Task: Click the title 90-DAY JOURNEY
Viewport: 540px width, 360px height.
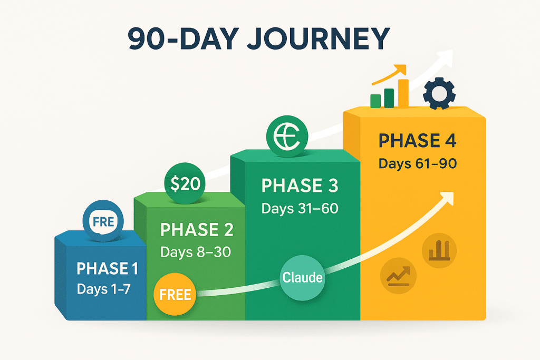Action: [258, 38]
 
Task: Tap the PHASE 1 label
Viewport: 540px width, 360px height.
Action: [108, 268]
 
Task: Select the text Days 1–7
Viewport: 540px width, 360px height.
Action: [104, 289]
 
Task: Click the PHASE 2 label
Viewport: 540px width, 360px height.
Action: [197, 230]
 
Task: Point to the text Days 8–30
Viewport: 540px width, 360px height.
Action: [196, 252]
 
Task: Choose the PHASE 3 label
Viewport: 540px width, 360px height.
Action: [300, 186]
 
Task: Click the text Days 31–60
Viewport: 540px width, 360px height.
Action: [300, 208]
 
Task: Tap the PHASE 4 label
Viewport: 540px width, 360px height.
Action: [418, 141]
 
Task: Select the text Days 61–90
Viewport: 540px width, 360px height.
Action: [418, 163]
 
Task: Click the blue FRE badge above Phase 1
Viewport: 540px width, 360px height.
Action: [103, 221]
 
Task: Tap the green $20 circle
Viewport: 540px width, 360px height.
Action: [185, 183]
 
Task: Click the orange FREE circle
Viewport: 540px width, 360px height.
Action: [175, 294]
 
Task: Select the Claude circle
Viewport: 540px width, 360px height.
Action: [302, 278]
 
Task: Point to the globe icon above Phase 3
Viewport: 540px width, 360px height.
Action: [287, 137]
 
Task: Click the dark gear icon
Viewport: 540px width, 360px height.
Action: [439, 94]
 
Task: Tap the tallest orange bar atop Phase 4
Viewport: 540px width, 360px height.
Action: [403, 93]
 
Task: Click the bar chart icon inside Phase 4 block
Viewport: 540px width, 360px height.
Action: [439, 250]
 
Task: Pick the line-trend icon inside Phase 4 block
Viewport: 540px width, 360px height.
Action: [398, 276]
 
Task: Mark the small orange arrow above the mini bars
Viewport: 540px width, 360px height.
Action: [390, 75]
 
